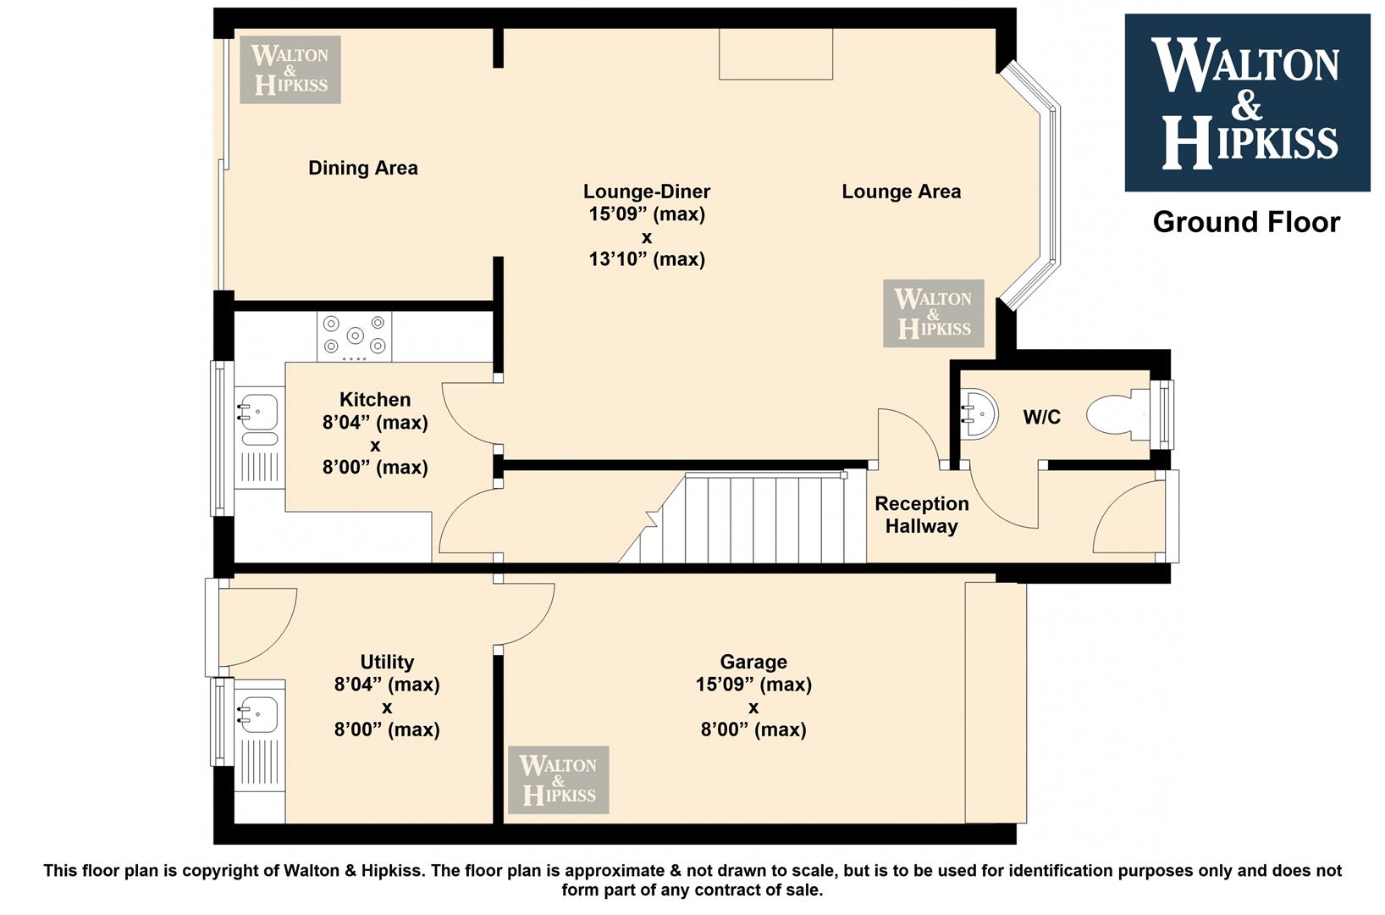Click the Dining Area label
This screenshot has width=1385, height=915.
363,168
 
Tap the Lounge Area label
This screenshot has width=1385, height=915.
901,191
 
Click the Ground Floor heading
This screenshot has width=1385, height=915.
1246,222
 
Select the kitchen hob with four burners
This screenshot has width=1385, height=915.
354,336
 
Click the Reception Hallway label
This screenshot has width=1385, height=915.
921,515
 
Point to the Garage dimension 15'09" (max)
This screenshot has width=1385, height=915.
753,685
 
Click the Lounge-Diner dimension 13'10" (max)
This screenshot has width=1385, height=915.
647,258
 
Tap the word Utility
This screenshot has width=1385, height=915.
387,662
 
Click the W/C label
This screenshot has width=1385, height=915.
1042,417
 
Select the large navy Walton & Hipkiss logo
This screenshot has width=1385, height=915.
1247,103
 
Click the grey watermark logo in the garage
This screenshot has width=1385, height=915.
559,779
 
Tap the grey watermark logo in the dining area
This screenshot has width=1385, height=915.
290,69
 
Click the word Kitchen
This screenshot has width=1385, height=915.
375,400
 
